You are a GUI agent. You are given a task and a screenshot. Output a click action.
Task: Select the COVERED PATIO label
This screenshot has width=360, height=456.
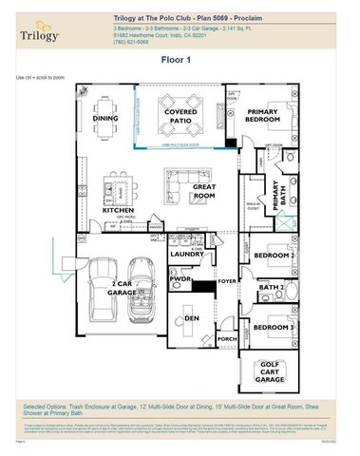pos(180,117)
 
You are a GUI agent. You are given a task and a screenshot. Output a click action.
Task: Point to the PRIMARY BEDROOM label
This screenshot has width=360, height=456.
pos(262,118)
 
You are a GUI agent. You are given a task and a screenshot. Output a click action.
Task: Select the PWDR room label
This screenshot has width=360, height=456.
pos(181,281)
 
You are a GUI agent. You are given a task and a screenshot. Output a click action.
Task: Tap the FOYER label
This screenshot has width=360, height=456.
pos(226,281)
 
